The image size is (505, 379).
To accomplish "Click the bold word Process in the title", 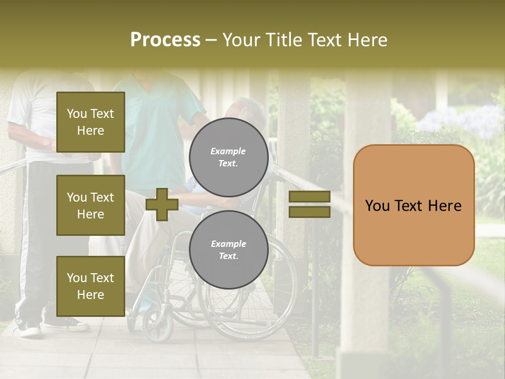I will pyautogui.click(x=165, y=39).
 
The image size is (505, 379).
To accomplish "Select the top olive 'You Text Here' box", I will pyautogui.click(x=90, y=122).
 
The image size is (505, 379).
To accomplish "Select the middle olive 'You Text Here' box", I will pyautogui.click(x=90, y=205).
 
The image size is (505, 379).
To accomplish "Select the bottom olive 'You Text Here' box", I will pyautogui.click(x=90, y=286).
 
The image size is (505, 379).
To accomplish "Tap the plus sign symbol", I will pyautogui.click(x=162, y=204).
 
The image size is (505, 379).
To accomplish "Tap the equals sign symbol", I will pyautogui.click(x=309, y=204).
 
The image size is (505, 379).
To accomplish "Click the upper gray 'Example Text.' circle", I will pyautogui.click(x=228, y=157).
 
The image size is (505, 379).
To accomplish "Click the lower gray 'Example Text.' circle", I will pyautogui.click(x=228, y=250).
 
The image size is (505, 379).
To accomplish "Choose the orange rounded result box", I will pyautogui.click(x=413, y=205).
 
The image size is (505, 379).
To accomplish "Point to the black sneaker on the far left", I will pyautogui.click(x=29, y=329).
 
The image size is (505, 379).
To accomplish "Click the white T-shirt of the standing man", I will pyautogui.click(x=37, y=116).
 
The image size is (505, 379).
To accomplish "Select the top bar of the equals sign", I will pyautogui.click(x=309, y=197).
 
